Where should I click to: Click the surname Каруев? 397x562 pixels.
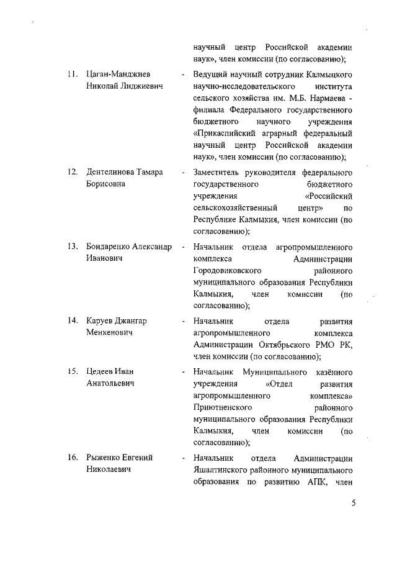click(99, 320)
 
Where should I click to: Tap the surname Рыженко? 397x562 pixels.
click(103, 458)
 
